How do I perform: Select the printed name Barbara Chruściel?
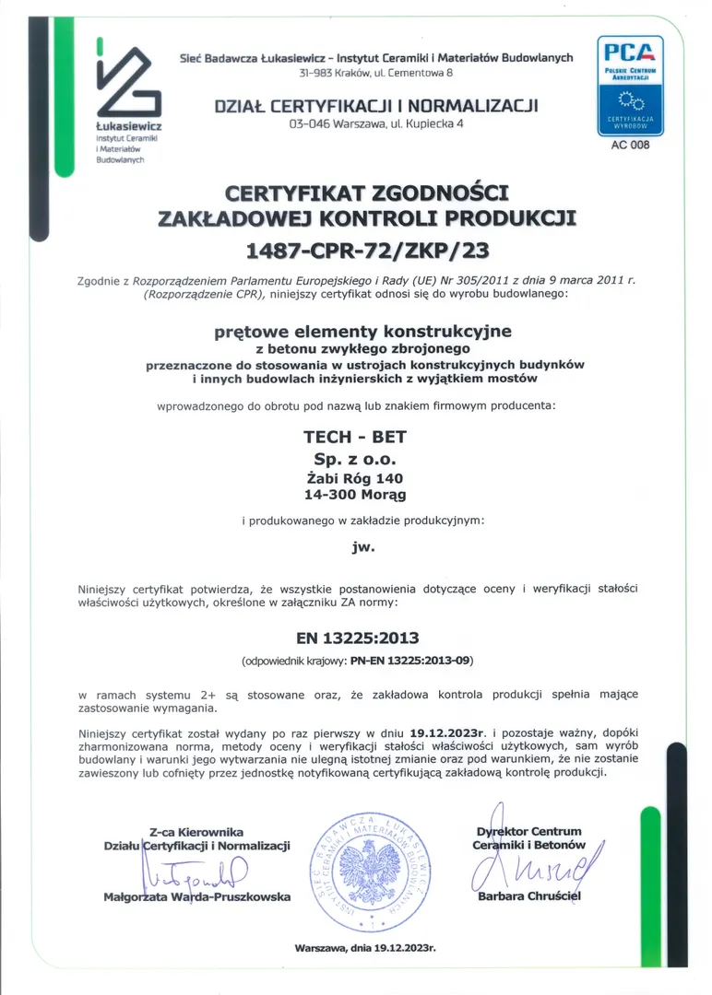(530, 896)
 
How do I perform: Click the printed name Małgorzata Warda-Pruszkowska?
(197, 896)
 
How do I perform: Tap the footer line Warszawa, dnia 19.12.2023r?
(365, 947)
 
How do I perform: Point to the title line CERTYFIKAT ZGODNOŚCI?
(366, 193)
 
